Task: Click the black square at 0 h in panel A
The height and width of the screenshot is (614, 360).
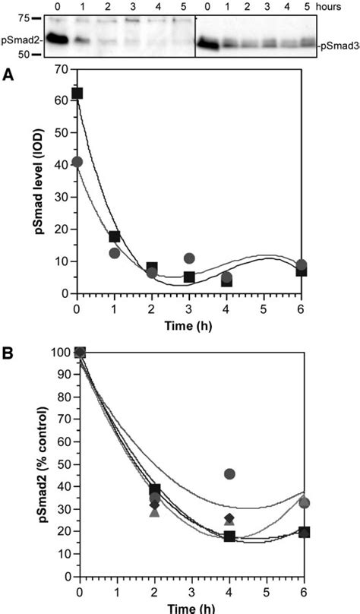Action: [x=77, y=93]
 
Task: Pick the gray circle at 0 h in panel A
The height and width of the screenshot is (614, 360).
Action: [x=77, y=162]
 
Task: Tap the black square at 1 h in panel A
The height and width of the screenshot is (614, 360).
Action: [x=115, y=236]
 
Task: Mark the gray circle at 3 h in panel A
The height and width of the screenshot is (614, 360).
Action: [x=189, y=258]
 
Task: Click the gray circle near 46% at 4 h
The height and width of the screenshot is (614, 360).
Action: [x=229, y=473]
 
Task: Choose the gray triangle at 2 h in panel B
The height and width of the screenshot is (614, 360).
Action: [x=154, y=512]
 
